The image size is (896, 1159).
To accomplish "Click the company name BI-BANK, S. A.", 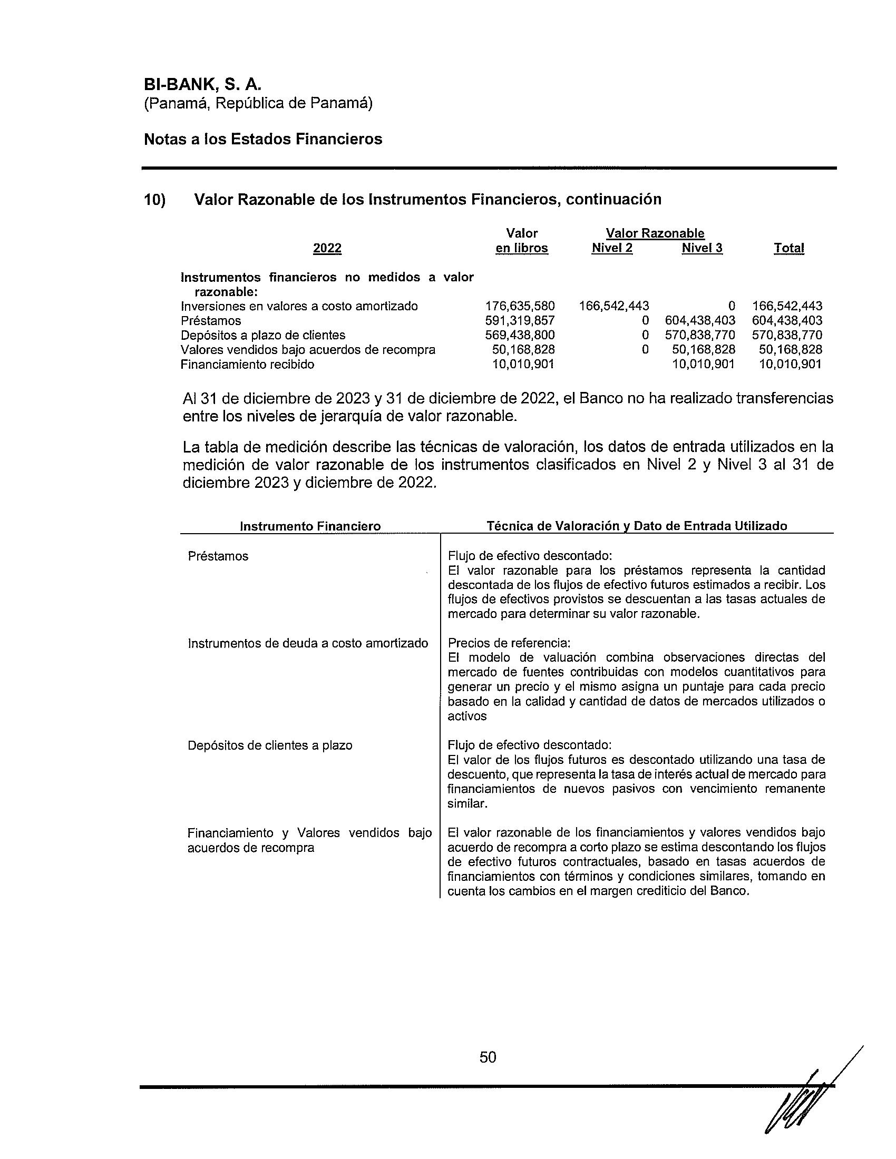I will click(203, 85).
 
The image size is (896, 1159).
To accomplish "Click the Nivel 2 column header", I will click(612, 248).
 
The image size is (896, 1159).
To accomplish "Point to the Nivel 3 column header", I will click(702, 248).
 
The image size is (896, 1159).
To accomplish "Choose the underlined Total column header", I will click(789, 248).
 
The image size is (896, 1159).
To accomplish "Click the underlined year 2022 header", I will click(327, 248).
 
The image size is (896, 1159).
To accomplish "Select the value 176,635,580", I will click(520, 306).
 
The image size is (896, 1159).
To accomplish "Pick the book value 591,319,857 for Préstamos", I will click(520, 320).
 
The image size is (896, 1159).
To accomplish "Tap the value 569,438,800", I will click(520, 336).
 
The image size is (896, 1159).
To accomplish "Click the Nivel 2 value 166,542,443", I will click(613, 306).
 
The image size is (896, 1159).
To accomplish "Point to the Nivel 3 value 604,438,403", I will click(700, 320).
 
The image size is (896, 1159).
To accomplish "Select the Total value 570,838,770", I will click(787, 336).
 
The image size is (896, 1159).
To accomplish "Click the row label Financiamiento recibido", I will click(247, 365).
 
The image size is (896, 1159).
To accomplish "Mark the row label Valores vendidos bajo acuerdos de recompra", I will click(308, 350).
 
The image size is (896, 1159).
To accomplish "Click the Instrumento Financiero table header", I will click(310, 526).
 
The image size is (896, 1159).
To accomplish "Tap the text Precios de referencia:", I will click(509, 643).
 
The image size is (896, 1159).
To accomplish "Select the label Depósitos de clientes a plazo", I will click(270, 745).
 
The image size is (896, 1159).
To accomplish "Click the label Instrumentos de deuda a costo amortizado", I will click(308, 643).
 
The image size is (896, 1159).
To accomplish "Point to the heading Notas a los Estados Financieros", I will click(263, 139).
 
